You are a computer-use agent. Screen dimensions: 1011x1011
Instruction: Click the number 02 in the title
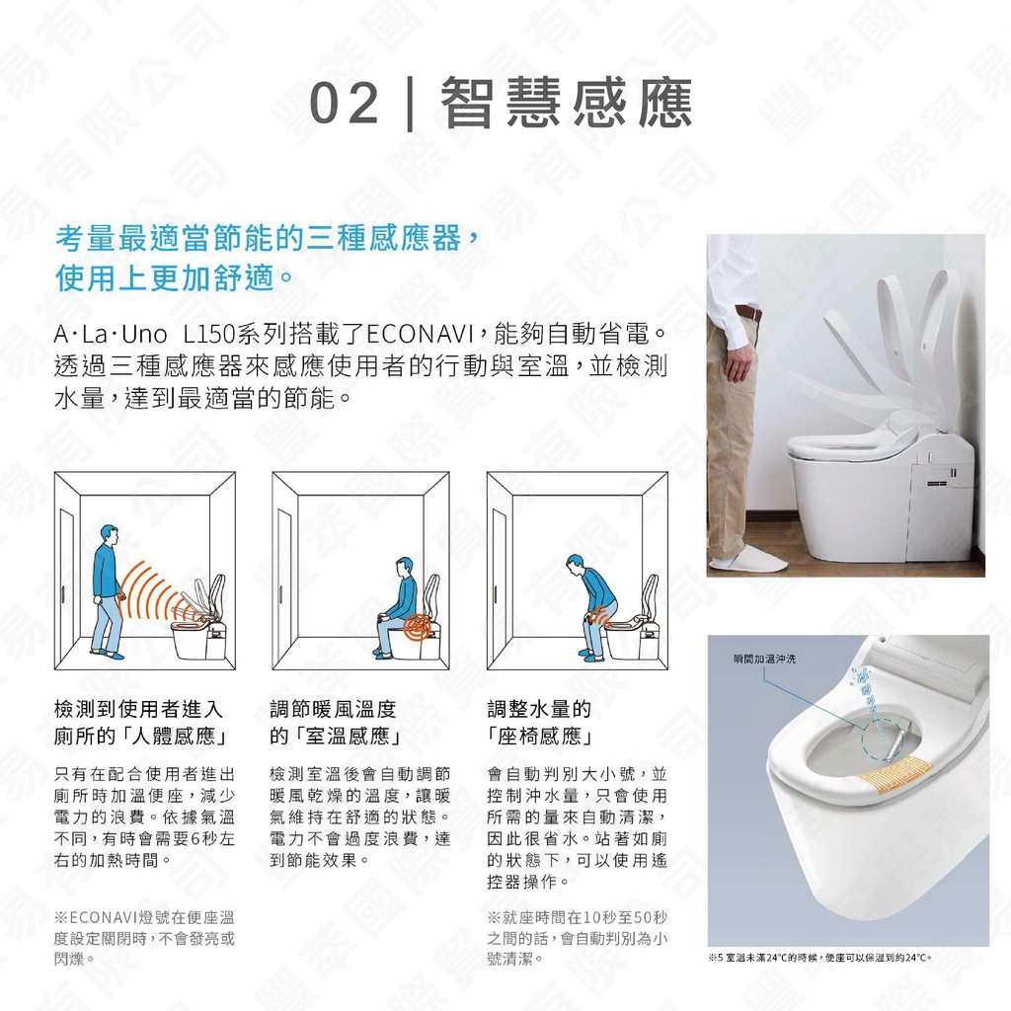(345, 104)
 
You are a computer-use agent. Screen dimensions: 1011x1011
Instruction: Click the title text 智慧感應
(567, 104)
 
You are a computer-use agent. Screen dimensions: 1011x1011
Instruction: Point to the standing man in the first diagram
(107, 590)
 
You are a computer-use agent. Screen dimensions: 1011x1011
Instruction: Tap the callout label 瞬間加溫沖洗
(764, 659)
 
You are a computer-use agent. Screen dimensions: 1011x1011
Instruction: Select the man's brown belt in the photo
(747, 313)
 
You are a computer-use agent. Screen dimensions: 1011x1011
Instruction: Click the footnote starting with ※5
(819, 958)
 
